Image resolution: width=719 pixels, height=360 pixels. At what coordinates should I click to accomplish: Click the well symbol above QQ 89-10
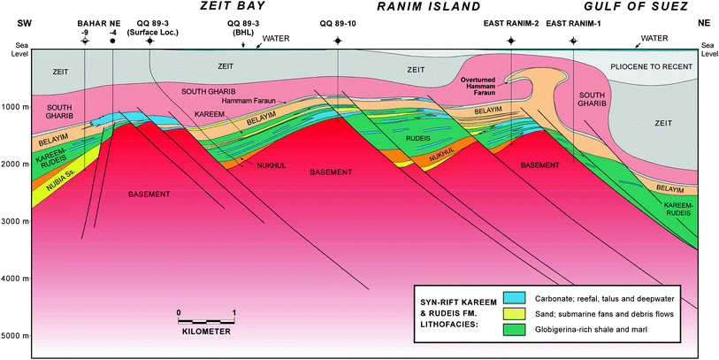[x=337, y=42]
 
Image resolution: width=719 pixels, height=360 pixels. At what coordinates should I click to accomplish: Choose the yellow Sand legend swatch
[x=512, y=313]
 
